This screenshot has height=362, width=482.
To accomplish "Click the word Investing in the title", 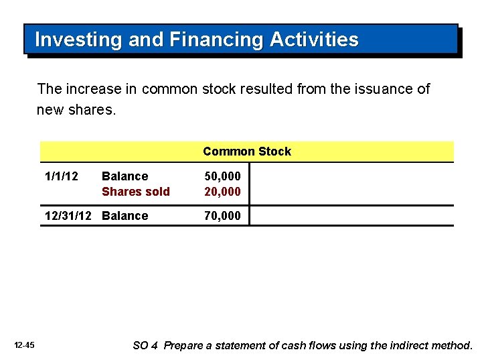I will click(78, 40).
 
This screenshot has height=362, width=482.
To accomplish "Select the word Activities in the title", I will click(314, 40).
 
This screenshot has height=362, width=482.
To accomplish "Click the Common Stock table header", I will click(247, 152).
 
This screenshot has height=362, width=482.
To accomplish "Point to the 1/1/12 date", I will click(61, 176).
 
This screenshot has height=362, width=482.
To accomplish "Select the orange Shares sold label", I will click(136, 192).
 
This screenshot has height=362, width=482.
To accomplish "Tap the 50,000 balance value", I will click(223, 176).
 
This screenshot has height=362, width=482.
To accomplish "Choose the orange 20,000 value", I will click(223, 192).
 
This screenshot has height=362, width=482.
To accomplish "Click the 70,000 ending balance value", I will click(223, 216).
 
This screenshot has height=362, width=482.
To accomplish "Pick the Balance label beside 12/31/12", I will click(125, 216).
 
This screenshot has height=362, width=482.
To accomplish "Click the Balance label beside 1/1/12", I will click(125, 176).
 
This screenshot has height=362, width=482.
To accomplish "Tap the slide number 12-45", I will click(24, 345).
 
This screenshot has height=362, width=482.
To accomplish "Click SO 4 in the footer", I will click(145, 346).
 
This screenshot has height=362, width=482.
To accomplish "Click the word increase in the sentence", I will click(90, 89).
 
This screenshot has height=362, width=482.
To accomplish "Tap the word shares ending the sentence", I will click(92, 109).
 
